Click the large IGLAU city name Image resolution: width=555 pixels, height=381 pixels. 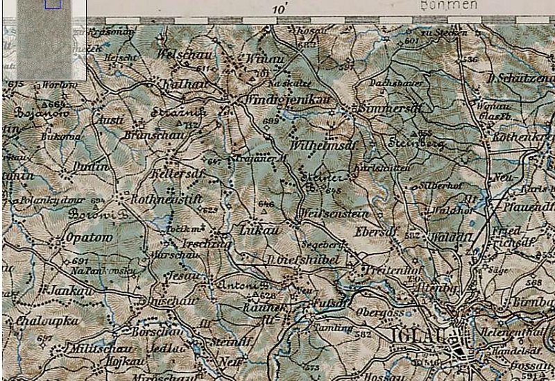point(418,335)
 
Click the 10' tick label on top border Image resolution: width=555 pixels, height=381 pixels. point(280,10)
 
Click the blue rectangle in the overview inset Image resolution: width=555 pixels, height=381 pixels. point(53,3)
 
